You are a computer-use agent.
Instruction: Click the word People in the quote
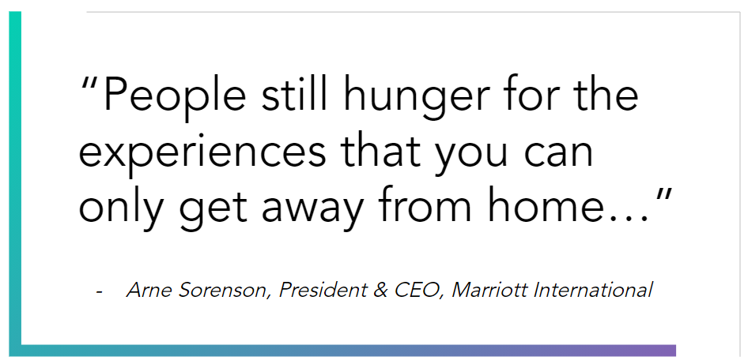pos(175,96)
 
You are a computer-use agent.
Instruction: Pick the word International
pos(592,289)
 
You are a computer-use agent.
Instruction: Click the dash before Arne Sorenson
pos(99,291)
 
